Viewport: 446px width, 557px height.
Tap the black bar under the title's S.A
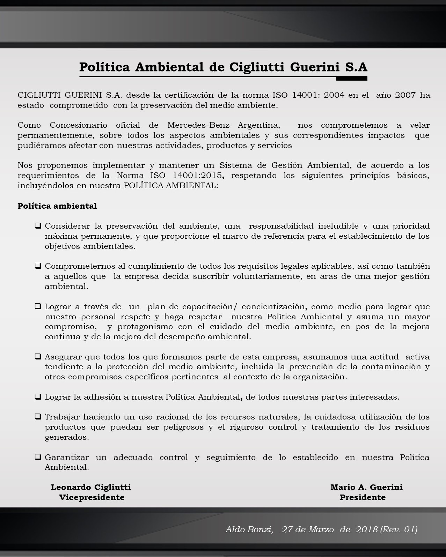pos(351,79)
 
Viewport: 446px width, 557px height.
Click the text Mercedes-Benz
pos(198,125)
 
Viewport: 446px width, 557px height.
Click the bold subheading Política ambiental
pos(57,206)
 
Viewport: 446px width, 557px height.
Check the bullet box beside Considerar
pos(38,226)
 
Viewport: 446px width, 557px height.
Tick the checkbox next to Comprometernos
pos(38,266)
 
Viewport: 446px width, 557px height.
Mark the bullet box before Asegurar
pos(38,357)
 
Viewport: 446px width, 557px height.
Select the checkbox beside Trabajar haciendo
pos(38,417)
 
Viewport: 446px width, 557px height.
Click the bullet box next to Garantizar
pos(38,457)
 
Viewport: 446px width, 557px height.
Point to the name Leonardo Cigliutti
pos(91,487)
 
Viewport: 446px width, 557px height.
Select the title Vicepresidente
pos(92,497)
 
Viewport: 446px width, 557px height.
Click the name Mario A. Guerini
pos(366,487)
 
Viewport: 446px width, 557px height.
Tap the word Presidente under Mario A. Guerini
pos(363,497)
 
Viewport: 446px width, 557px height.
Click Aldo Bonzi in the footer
pos(249,529)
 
